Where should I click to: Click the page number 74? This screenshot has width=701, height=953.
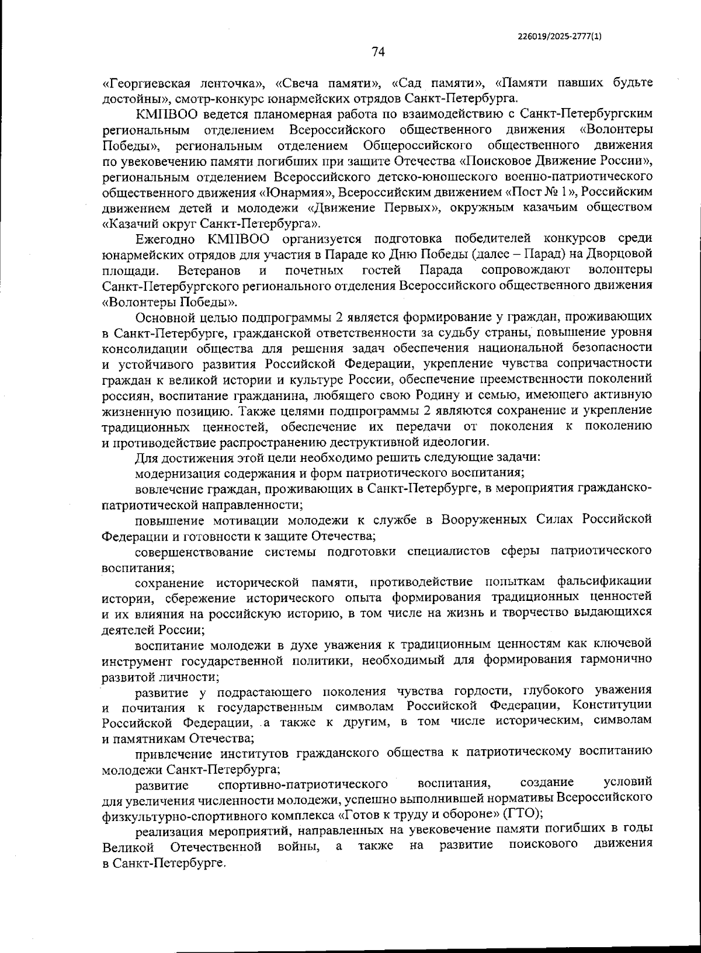pyautogui.click(x=378, y=52)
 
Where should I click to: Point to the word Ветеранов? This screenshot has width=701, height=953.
pyautogui.click(x=209, y=270)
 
